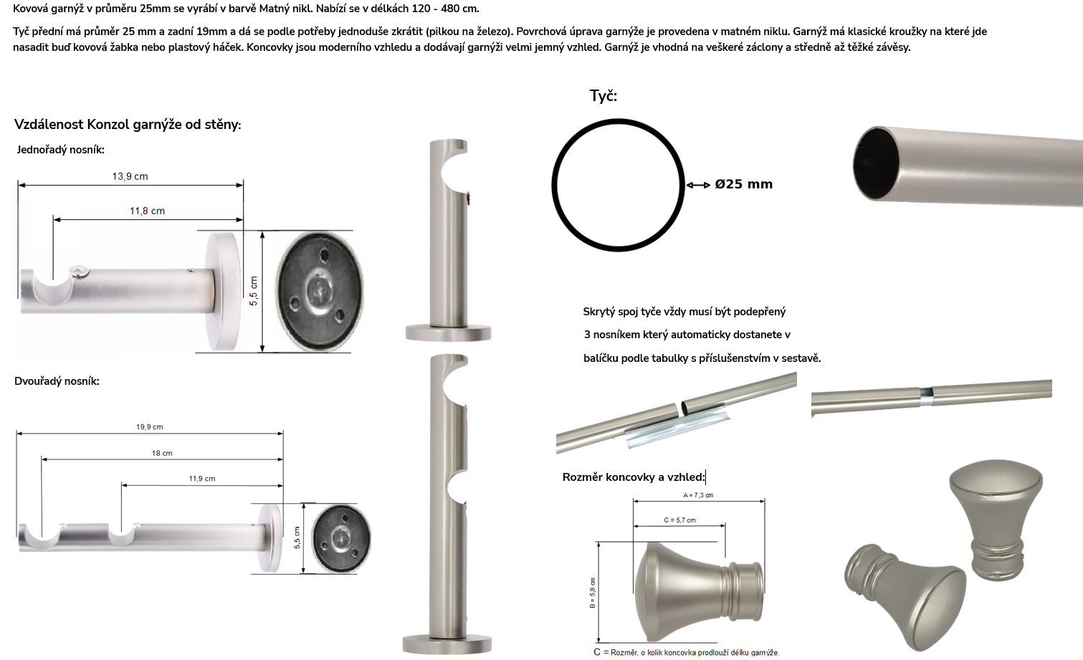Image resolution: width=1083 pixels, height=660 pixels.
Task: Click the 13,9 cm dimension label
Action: click(130, 176)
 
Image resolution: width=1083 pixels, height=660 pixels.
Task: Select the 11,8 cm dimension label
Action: click(147, 211)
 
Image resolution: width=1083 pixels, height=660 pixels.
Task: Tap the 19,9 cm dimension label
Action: click(149, 427)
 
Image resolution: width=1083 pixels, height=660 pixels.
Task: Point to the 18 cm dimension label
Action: click(162, 453)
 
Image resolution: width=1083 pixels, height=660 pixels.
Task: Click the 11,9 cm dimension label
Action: click(201, 479)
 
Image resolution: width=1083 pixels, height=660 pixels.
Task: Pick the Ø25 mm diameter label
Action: click(743, 184)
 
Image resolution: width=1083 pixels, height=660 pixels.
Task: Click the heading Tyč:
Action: click(603, 96)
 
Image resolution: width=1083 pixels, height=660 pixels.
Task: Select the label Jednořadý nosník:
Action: click(60, 150)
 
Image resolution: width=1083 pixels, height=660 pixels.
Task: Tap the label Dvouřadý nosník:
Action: click(57, 381)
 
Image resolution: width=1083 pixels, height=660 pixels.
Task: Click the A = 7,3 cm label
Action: click(698, 495)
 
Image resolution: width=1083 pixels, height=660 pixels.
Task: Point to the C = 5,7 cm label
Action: click(679, 520)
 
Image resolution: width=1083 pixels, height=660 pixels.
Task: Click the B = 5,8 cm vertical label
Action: click(593, 593)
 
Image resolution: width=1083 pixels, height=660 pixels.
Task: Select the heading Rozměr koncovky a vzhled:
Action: click(634, 477)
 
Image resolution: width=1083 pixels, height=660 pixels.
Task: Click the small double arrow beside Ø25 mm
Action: click(698, 185)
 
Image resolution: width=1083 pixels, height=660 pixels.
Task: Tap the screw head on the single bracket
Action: click(79, 272)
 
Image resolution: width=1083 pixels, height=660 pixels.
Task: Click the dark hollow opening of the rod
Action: click(876, 163)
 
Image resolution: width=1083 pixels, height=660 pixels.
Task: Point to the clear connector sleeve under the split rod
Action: click(677, 429)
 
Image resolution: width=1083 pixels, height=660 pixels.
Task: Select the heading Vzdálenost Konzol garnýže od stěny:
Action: click(128, 125)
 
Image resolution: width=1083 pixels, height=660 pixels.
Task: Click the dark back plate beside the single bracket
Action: click(319, 291)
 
